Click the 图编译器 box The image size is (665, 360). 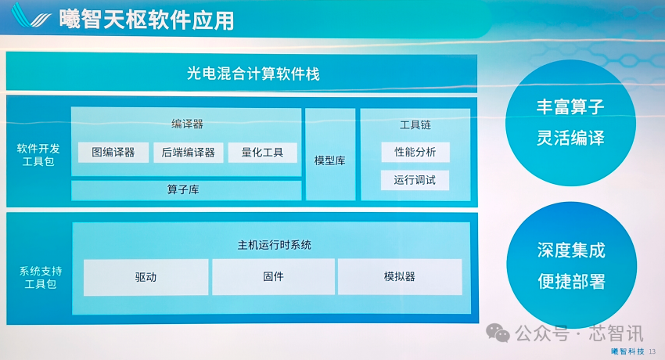[x=113, y=153]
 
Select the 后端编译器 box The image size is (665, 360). [x=189, y=153]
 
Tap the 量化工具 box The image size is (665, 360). [x=263, y=153]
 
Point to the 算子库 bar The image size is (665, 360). [x=186, y=190]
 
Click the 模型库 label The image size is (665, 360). [x=330, y=160]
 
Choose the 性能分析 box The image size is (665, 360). [x=415, y=152]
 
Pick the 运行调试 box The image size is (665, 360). [x=415, y=180]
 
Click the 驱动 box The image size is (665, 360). [x=146, y=277]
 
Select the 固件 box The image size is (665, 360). [x=274, y=277]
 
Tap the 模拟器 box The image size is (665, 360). [x=400, y=277]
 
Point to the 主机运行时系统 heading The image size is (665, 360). [x=275, y=245]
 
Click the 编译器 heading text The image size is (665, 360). [x=188, y=124]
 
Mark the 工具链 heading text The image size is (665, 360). [x=415, y=124]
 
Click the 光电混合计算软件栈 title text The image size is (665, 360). [x=253, y=74]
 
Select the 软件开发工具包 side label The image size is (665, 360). [x=38, y=155]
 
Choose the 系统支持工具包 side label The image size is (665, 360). [x=41, y=277]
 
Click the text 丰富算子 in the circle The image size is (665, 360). [x=570, y=106]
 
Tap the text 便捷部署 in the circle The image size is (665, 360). [x=571, y=281]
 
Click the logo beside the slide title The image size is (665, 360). [x=31, y=16]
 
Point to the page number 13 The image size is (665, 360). [x=652, y=351]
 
